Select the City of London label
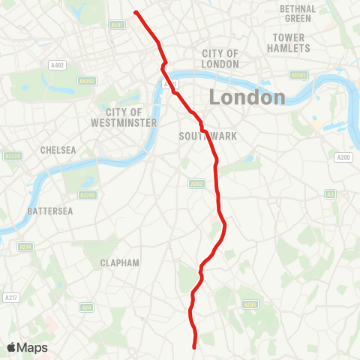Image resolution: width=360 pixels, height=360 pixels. click(220, 58)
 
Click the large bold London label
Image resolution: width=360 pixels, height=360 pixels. click(247, 97)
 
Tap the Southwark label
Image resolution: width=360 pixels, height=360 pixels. click(198, 136)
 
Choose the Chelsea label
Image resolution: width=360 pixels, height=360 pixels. click(58, 150)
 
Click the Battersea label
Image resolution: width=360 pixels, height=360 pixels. click(49, 211)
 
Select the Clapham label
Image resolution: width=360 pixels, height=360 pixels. click(120, 263)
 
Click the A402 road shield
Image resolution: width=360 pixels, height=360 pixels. click(55, 65)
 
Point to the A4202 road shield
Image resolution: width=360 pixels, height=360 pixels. click(87, 81)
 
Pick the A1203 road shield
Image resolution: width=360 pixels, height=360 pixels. click(299, 75)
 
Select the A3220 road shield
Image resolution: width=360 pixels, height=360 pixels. click(11, 156)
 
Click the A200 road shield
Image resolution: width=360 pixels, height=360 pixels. click(343, 157)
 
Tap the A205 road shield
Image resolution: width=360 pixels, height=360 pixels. click(250, 304)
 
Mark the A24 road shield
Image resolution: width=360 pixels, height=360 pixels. click(87, 307)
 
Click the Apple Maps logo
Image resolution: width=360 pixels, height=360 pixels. click(27, 347)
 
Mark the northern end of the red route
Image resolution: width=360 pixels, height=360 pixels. click(135, 12)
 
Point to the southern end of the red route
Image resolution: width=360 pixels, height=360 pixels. click(195, 347)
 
